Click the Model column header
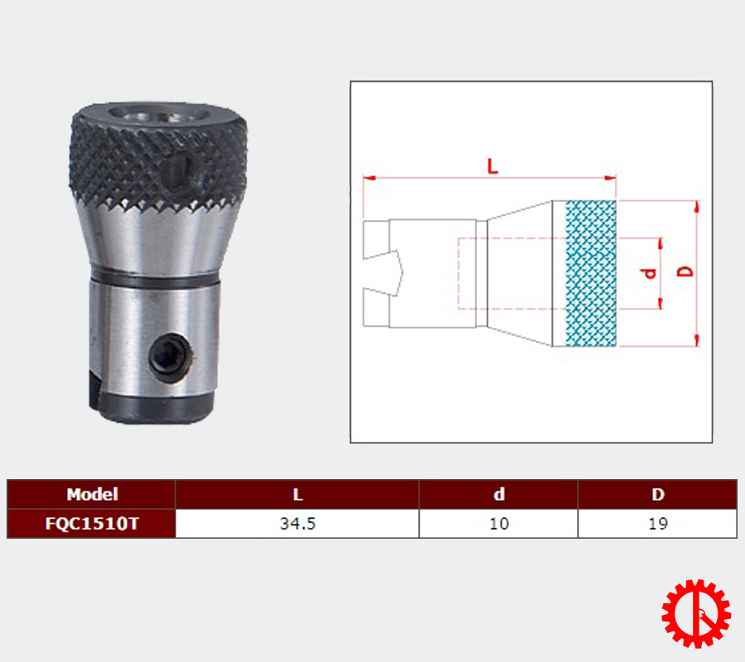92,494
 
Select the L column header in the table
297,494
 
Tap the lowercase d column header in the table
499,494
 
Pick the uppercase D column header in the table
657,494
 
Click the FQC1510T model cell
92,523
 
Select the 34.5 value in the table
297,523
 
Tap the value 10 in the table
499,523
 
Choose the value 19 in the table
658,523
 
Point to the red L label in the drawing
493,166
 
